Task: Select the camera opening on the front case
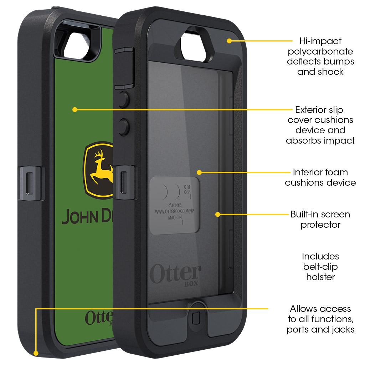point(195,46)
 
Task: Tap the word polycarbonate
point(320,51)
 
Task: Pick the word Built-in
point(305,215)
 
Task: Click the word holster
point(320,277)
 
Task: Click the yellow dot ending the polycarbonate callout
point(230,41)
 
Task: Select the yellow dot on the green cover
point(74,109)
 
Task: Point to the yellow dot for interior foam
point(199,173)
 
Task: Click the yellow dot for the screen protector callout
point(218,214)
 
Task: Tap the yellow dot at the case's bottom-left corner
point(36,353)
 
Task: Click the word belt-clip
point(320,266)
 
